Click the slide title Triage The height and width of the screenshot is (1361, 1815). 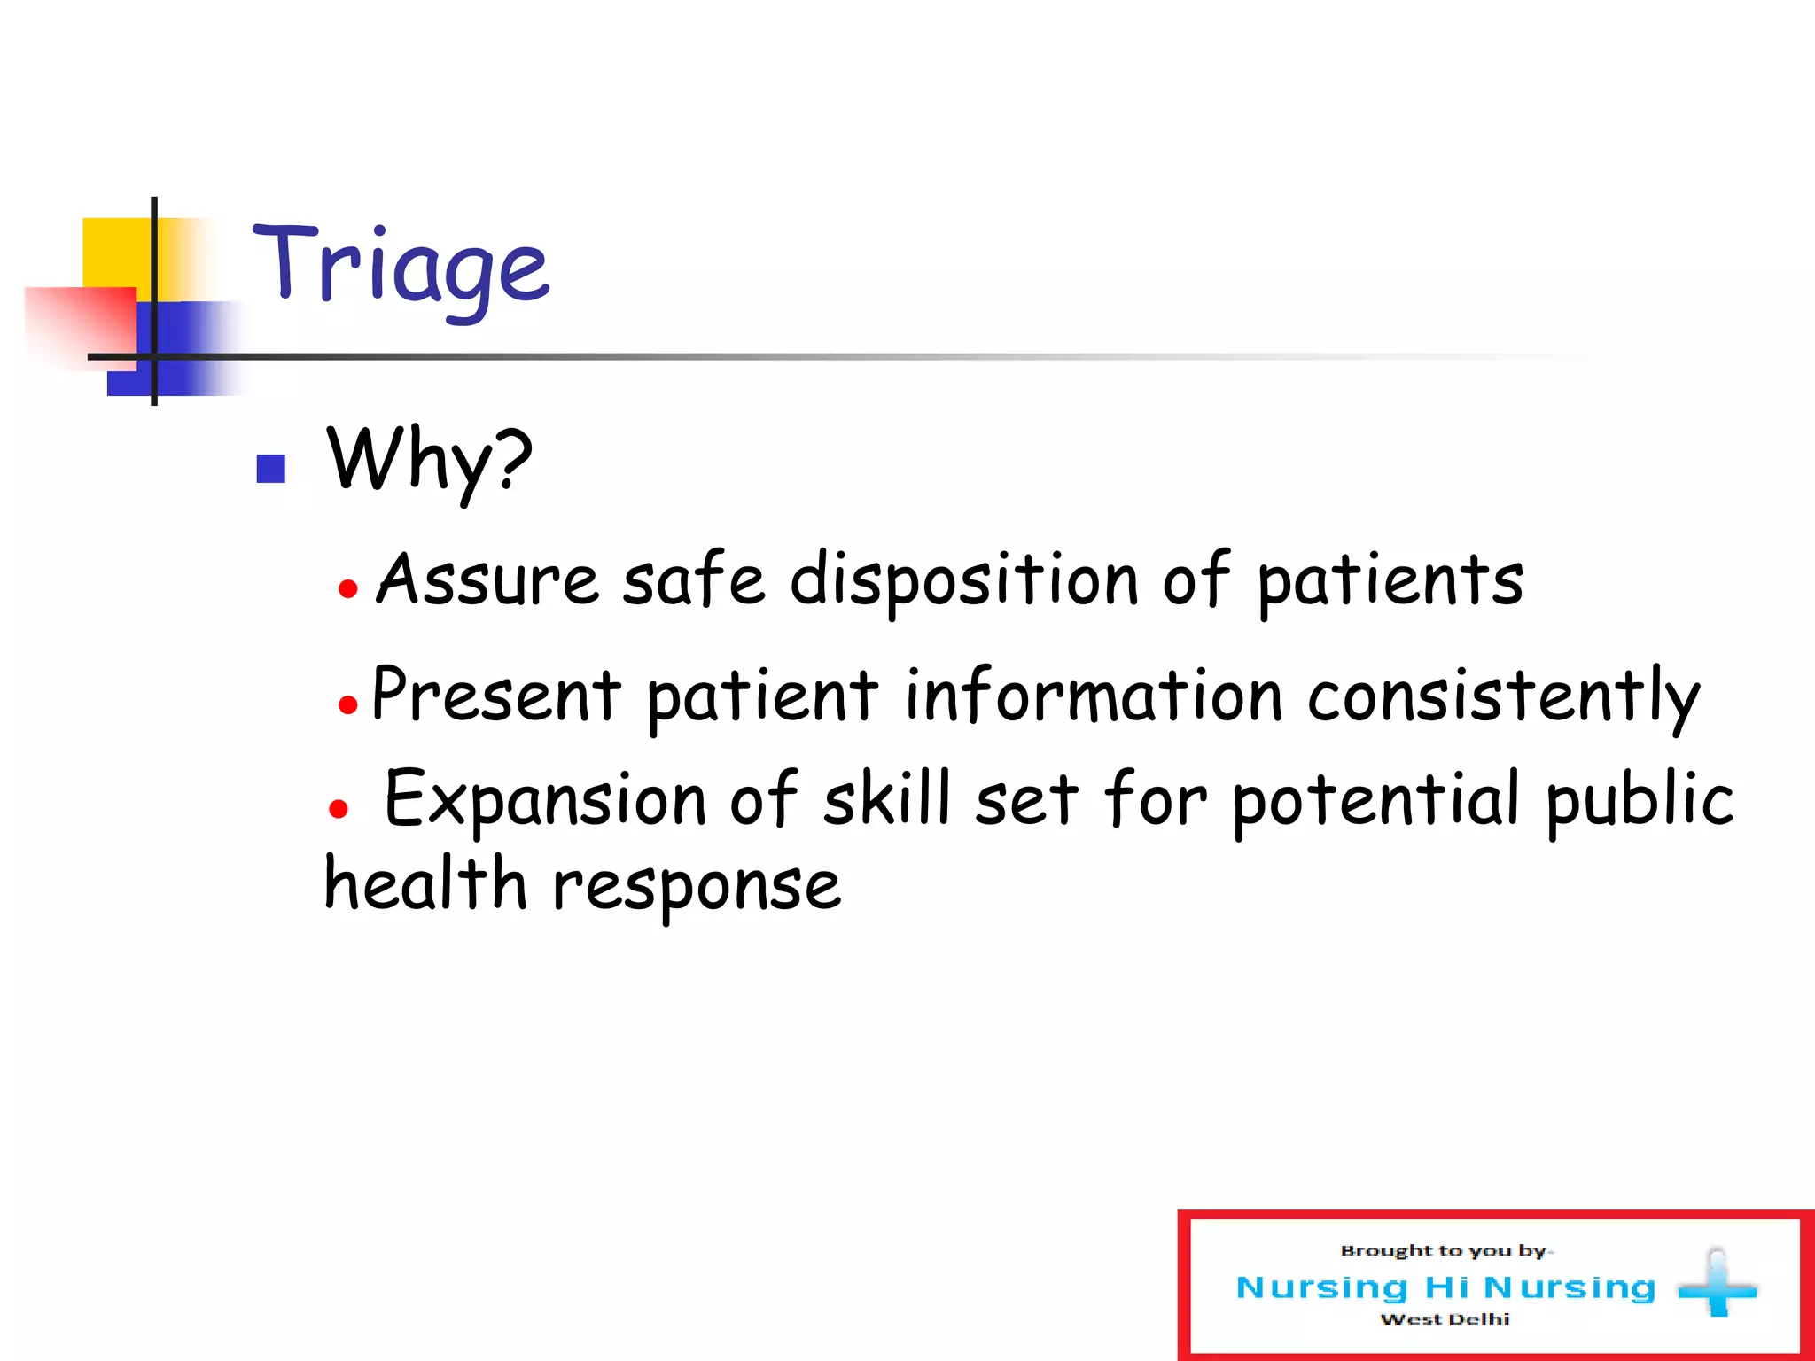click(x=401, y=266)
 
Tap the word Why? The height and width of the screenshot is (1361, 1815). click(x=430, y=461)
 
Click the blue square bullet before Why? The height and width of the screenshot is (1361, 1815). click(x=270, y=469)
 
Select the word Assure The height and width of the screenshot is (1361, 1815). click(x=487, y=580)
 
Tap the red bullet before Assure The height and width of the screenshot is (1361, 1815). click(x=348, y=588)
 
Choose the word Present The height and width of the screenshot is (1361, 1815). click(x=496, y=696)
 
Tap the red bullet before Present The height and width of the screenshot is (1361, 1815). click(x=348, y=705)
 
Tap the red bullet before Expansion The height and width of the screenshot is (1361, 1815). click(x=338, y=808)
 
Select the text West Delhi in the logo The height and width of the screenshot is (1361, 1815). click(x=1445, y=1319)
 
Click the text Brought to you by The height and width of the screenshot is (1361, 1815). click(x=1445, y=1251)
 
